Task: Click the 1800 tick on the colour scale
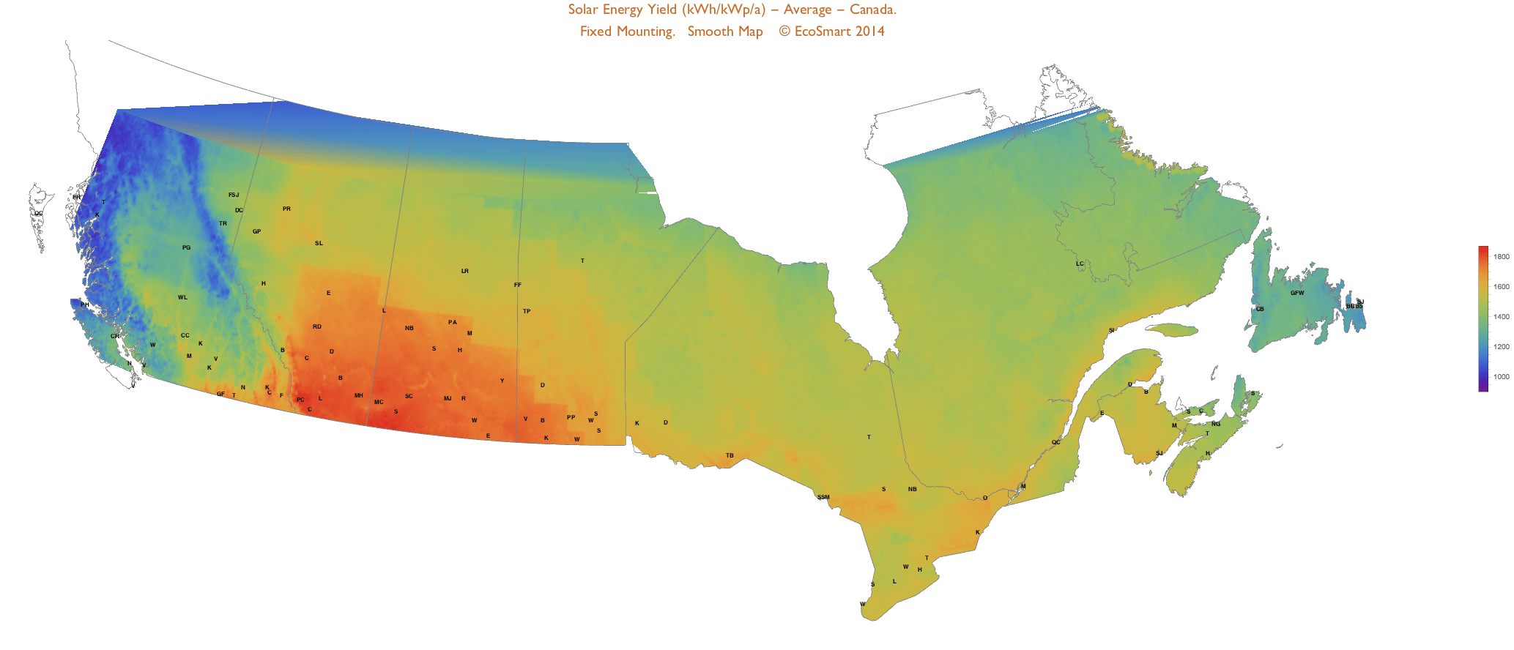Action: (x=1501, y=257)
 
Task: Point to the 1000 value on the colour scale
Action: (x=1501, y=377)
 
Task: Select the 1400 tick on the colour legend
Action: (x=1501, y=317)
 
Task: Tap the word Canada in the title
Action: (x=872, y=10)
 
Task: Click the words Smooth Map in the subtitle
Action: (x=724, y=31)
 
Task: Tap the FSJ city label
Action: (x=234, y=195)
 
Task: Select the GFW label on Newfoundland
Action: (x=1296, y=294)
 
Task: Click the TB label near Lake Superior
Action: (x=730, y=456)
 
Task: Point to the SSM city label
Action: (x=823, y=498)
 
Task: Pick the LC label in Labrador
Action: (x=1080, y=264)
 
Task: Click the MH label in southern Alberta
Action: (x=359, y=396)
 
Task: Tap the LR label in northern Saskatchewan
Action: (x=464, y=272)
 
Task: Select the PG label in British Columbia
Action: (x=186, y=248)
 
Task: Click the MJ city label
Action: (x=448, y=399)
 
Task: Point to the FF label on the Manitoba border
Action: (x=518, y=285)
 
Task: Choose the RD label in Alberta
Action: (x=317, y=327)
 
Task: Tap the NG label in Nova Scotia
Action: (x=1216, y=425)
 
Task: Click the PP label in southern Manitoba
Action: (x=571, y=418)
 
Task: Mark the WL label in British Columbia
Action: (x=182, y=298)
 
